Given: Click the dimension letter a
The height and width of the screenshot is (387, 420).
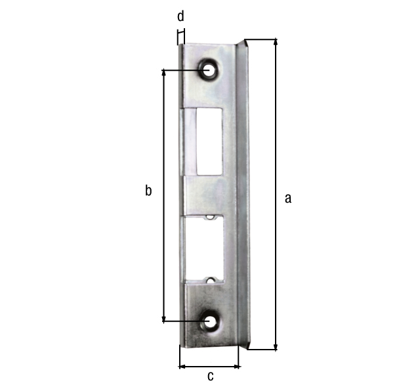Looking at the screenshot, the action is coord(288,199).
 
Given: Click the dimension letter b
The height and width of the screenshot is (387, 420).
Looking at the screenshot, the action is coord(148,190).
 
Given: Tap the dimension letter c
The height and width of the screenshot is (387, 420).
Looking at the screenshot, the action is coord(211,376).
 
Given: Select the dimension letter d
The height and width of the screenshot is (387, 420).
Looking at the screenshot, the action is coord(181,16).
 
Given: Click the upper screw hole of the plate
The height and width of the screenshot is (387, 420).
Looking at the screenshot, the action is coord(208,71).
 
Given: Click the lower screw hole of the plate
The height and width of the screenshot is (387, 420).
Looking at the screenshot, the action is coord(209,321).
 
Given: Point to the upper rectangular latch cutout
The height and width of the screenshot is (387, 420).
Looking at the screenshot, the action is coord(209,142).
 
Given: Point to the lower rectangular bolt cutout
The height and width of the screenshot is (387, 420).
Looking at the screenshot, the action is coord(204,249).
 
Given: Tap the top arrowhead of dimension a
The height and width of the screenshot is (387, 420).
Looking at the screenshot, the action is coord(276,42).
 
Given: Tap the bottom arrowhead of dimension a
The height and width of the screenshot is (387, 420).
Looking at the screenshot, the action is coord(276,347).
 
